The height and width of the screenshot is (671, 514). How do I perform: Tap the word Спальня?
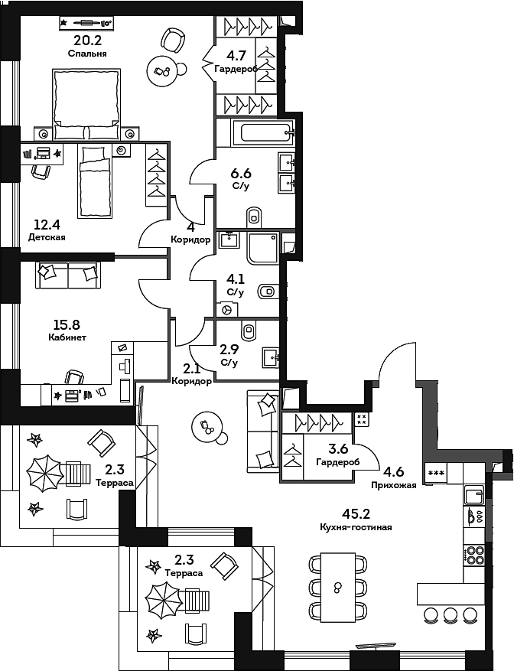86,54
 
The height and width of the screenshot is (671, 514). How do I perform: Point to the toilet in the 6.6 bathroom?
255,215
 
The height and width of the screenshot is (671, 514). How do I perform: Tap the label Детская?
47,237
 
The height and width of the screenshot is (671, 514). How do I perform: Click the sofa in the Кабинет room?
68,274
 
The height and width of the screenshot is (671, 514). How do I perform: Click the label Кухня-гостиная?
356,527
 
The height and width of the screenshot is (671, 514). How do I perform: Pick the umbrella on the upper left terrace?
45,474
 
